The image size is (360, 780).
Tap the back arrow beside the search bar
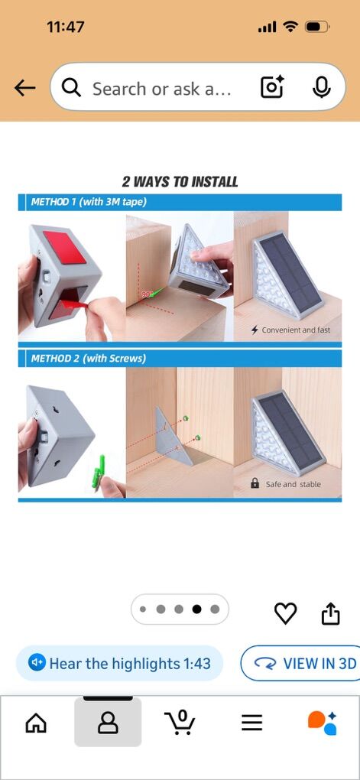click(x=25, y=88)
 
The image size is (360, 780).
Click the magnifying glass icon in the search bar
click(x=71, y=88)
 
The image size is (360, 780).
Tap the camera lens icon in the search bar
click(x=272, y=87)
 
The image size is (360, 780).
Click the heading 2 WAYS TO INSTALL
click(x=180, y=181)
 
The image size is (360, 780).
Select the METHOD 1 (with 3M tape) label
click(x=89, y=202)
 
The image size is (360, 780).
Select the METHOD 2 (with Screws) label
click(x=89, y=358)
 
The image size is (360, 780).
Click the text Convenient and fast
click(x=296, y=330)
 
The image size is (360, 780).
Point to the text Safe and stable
click(x=294, y=484)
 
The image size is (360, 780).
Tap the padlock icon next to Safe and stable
click(x=255, y=483)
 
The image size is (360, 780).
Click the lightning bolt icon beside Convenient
click(x=255, y=330)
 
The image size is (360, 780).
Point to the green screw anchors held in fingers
click(x=99, y=472)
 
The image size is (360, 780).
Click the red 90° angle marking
click(x=148, y=294)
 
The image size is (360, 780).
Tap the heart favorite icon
click(x=285, y=613)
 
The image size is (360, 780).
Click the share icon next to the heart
click(x=331, y=613)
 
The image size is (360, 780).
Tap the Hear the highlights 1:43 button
click(x=119, y=663)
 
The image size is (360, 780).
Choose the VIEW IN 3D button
click(x=300, y=663)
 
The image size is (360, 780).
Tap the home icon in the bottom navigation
click(x=36, y=723)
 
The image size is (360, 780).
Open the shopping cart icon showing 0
click(x=180, y=722)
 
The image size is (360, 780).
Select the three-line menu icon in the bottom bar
click(x=252, y=723)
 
